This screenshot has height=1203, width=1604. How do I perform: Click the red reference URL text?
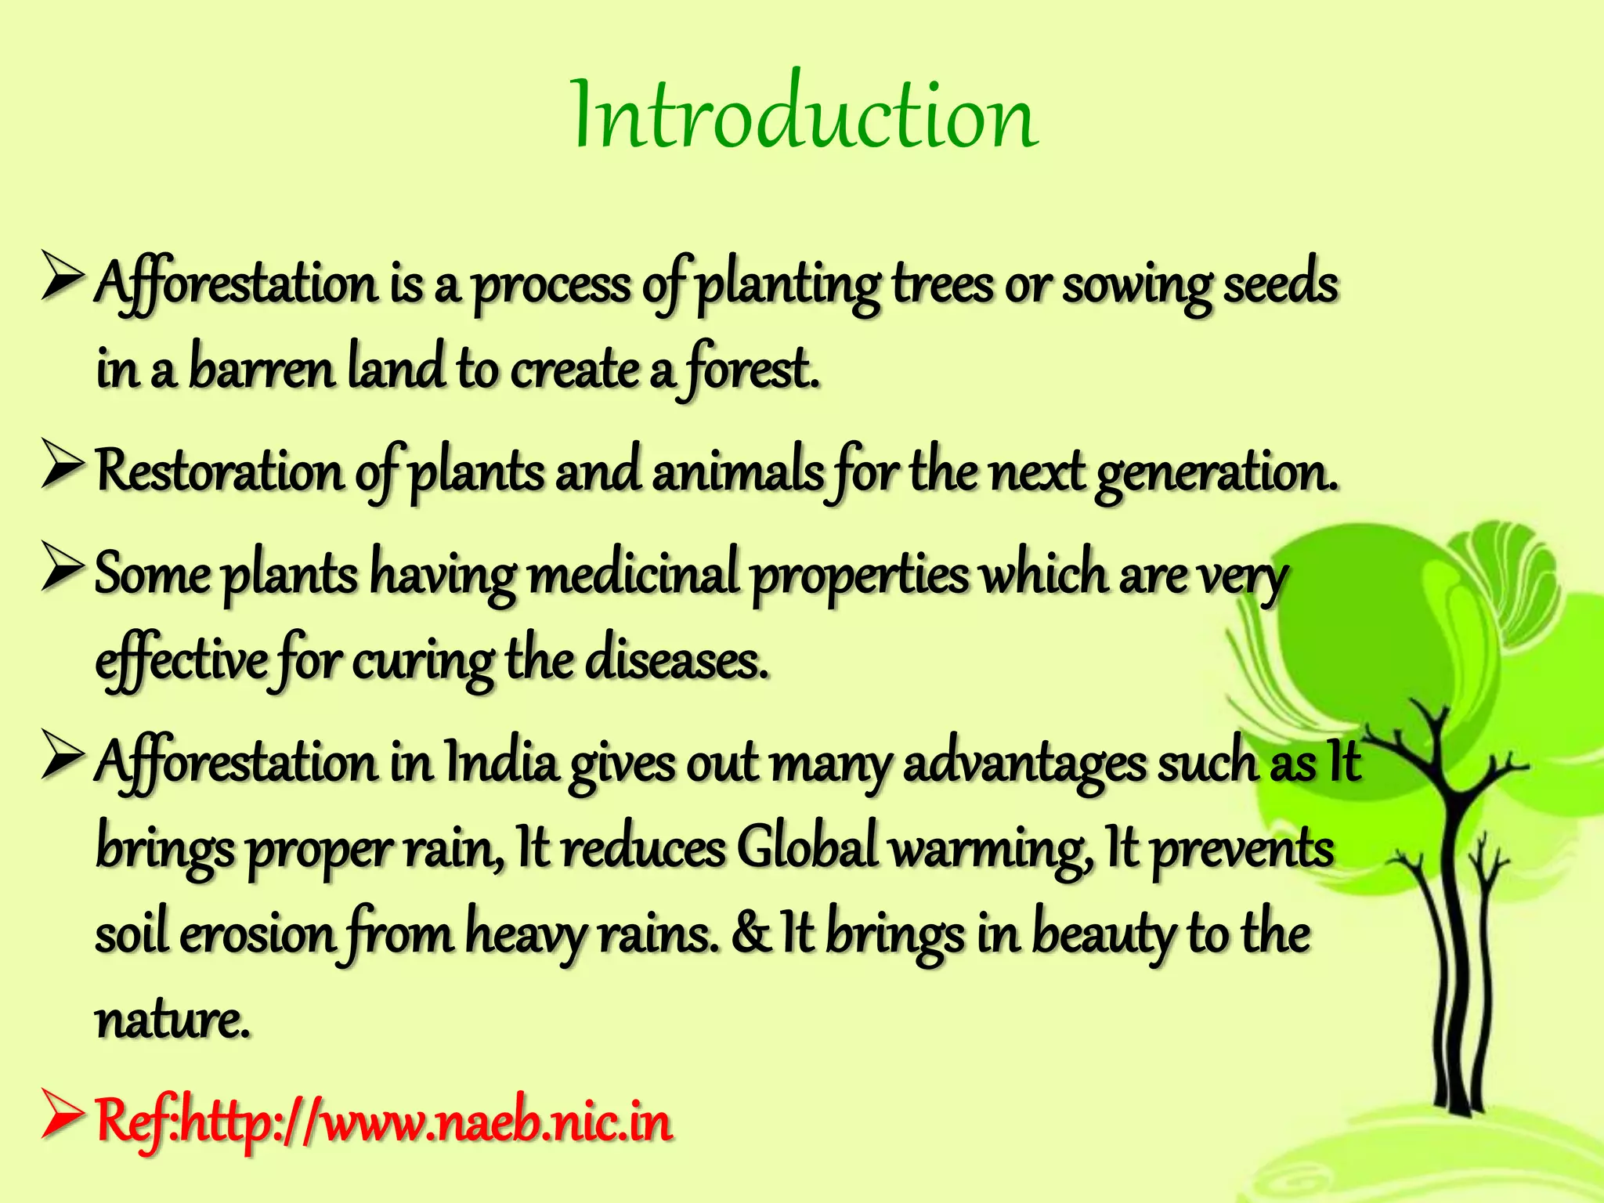click(x=384, y=1122)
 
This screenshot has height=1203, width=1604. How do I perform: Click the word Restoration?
click(x=219, y=472)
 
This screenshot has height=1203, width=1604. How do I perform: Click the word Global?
click(x=807, y=847)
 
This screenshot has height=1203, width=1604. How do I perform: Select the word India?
click(x=501, y=762)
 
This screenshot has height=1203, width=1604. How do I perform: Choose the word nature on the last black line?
click(x=172, y=1021)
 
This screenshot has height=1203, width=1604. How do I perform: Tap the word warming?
click(x=992, y=849)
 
